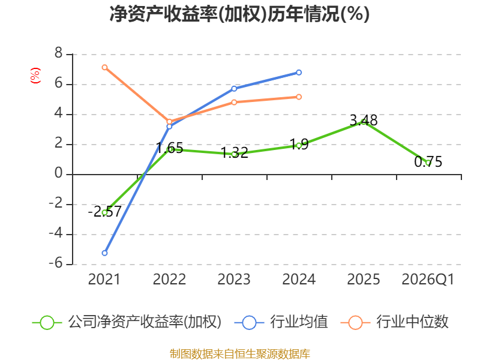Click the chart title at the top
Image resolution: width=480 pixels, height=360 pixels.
pyautogui.click(x=239, y=14)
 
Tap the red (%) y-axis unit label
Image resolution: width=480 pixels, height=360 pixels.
pyautogui.click(x=35, y=76)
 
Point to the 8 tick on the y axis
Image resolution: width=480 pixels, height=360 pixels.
pyautogui.click(x=58, y=53)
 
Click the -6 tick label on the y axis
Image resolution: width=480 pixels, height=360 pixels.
pyautogui.click(x=55, y=263)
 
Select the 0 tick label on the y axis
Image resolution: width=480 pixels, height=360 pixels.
pyautogui.click(x=58, y=173)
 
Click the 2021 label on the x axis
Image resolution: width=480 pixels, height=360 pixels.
pyautogui.click(x=104, y=280)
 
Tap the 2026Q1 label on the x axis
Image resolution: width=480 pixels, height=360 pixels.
pyautogui.click(x=428, y=280)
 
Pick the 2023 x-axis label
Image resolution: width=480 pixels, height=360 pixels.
pyautogui.click(x=234, y=280)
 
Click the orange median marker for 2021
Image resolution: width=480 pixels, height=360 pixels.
pyautogui.click(x=104, y=67)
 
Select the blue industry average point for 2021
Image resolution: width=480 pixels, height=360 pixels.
pyautogui.click(x=104, y=253)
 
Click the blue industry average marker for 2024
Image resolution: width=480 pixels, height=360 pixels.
pyautogui.click(x=299, y=73)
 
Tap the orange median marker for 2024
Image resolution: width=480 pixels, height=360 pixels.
pyautogui.click(x=299, y=97)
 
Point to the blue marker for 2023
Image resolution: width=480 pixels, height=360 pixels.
pyautogui.click(x=234, y=89)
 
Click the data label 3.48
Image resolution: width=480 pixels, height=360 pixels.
pyautogui.click(x=364, y=121)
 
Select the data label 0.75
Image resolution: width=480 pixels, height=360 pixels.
pyautogui.click(x=428, y=161)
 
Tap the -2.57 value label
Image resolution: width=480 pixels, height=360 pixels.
pyautogui.click(x=104, y=212)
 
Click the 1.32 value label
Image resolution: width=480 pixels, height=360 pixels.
pyautogui.click(x=235, y=153)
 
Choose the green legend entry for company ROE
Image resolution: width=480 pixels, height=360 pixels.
pyautogui.click(x=127, y=322)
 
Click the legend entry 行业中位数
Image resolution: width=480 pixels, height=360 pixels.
pyautogui.click(x=395, y=322)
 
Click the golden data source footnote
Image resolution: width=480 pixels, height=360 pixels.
pyautogui.click(x=240, y=354)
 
